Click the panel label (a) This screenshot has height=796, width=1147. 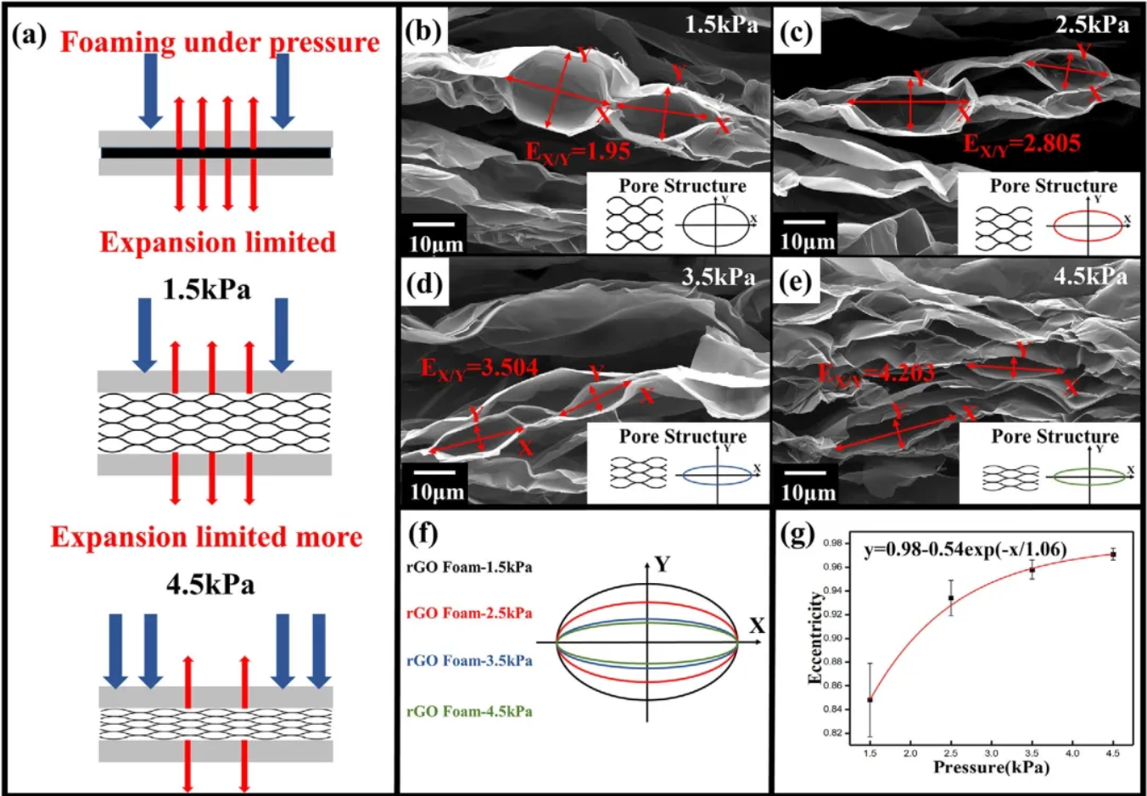point(29,36)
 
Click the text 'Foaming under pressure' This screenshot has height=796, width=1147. point(220,42)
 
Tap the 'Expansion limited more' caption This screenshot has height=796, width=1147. point(206,537)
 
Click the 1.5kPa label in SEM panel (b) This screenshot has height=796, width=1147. point(721,25)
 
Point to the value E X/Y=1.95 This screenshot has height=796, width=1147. point(578,151)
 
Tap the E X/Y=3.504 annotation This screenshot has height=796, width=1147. point(479,368)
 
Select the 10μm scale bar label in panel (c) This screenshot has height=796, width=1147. point(807,242)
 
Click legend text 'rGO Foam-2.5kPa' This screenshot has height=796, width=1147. point(469,613)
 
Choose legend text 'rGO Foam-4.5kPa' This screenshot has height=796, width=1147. point(469,711)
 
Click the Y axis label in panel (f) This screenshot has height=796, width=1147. point(662,564)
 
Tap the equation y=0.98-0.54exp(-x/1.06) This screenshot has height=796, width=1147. point(965,550)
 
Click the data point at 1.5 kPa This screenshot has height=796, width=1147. point(870,699)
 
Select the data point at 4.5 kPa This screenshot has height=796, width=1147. point(1113,555)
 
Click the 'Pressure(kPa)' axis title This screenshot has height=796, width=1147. point(991,767)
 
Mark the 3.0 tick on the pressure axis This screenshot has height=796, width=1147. point(991,753)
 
